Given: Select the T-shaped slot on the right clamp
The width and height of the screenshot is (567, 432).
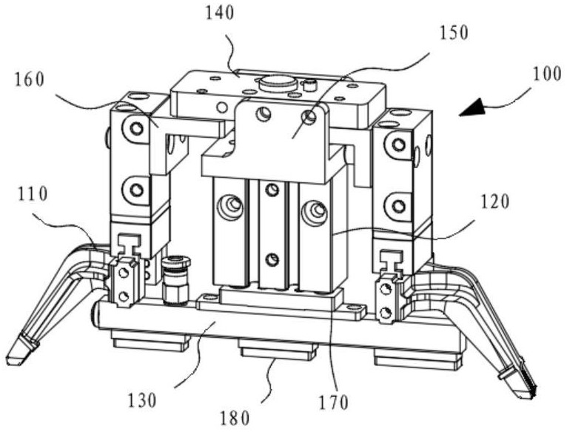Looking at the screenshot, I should click(x=390, y=256).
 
